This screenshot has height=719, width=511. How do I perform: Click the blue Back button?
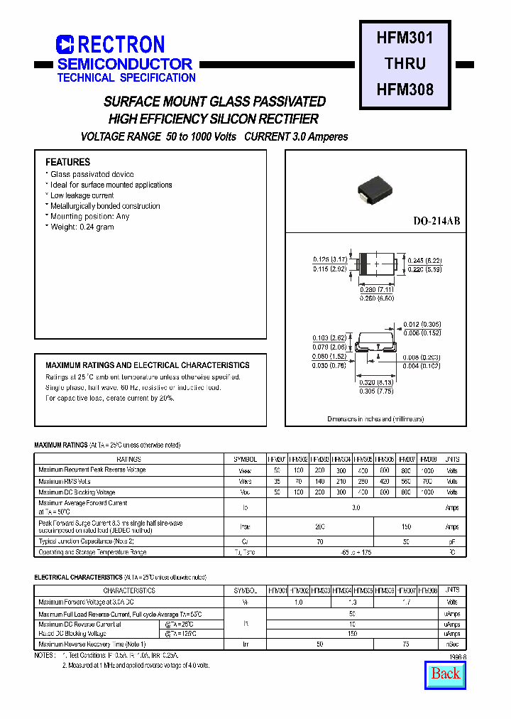445,674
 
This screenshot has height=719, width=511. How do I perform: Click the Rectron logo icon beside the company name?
65,45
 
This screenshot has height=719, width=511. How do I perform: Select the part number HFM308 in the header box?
405,90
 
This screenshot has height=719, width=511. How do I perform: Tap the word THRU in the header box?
405,63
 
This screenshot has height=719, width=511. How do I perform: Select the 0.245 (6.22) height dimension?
424,260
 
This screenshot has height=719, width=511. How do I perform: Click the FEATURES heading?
68,162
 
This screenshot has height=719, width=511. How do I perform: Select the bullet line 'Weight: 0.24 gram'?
82,227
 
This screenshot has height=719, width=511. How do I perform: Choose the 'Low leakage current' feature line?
82,195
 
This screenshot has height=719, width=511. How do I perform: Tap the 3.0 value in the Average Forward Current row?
356,507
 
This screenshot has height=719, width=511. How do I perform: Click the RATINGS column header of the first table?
128,460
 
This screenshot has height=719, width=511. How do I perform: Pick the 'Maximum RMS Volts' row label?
65,481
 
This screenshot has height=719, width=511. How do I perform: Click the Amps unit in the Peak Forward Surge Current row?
451,527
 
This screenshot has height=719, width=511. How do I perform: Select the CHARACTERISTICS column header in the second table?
128,590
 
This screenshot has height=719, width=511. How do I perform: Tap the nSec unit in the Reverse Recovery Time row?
451,644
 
